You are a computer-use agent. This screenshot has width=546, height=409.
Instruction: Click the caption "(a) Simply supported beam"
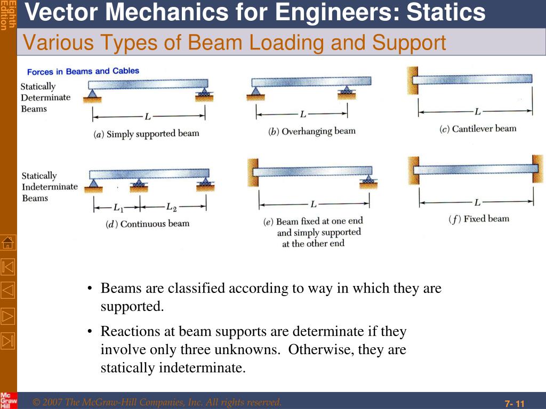146,134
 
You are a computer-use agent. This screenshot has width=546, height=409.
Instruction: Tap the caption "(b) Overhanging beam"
311,132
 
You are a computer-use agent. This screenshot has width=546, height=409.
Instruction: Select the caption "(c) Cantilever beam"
478,129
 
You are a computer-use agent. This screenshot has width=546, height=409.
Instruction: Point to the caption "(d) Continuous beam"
147,224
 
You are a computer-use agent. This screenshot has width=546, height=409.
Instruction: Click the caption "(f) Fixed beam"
479,219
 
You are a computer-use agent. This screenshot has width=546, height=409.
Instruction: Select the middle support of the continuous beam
140,185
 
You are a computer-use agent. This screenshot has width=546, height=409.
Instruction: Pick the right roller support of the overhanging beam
347,93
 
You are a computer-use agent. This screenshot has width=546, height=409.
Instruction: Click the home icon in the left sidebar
8,242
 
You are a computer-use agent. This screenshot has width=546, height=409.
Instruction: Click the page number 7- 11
515,403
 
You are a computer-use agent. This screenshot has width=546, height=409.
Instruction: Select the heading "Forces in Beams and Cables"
83,71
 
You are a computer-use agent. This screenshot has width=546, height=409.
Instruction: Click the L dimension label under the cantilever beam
478,112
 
